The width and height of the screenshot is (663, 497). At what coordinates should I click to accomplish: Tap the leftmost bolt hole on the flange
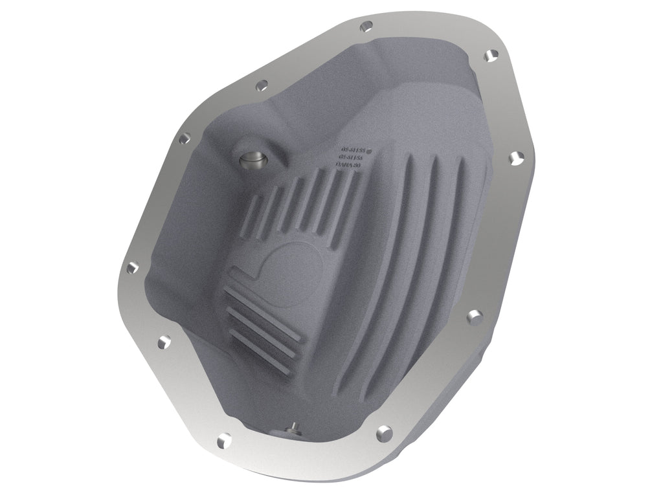click(x=133, y=266)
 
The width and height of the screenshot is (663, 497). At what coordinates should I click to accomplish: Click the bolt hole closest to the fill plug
click(x=262, y=84)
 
